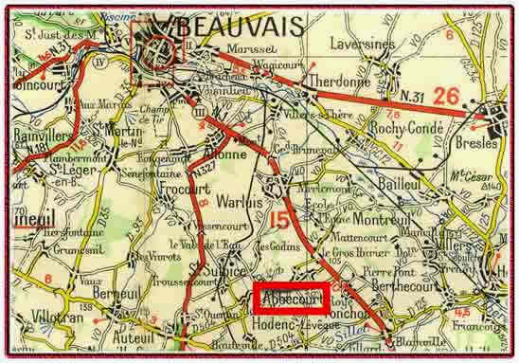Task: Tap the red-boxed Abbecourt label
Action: coord(293,298)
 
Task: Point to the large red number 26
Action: coord(448,96)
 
